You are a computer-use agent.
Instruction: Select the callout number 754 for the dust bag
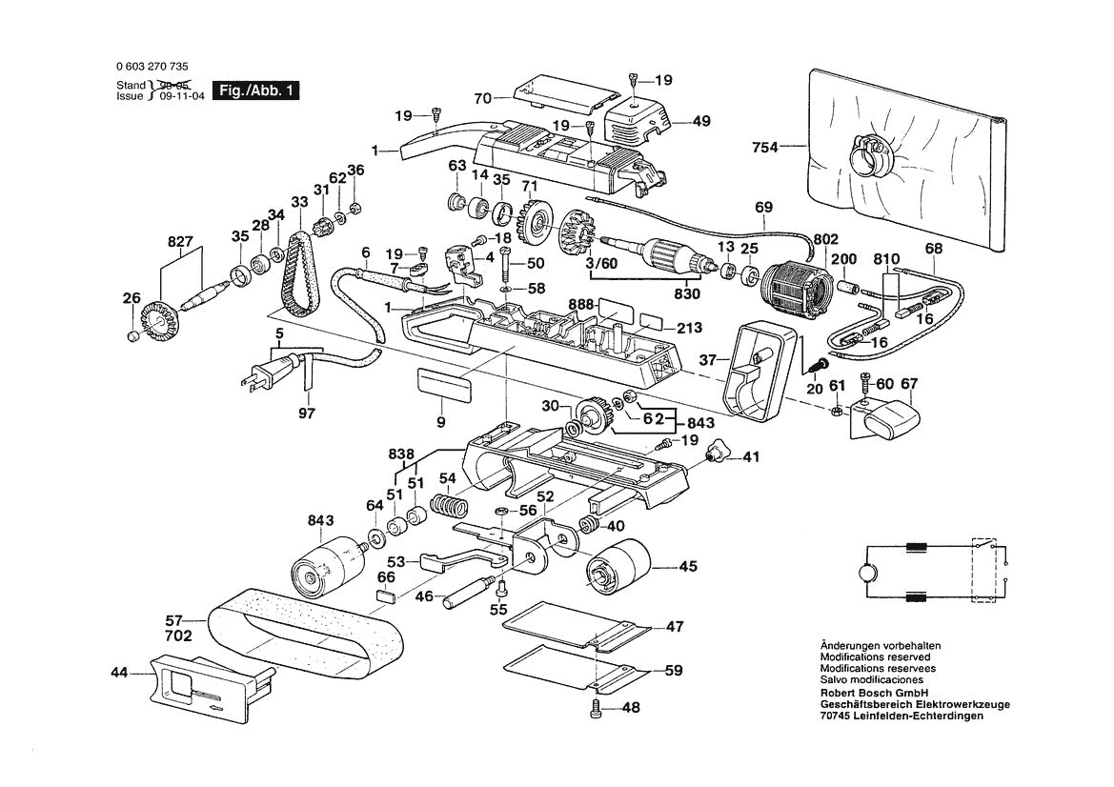764,147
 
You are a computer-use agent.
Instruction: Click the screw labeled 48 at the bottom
597,707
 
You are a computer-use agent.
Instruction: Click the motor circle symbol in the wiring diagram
867,575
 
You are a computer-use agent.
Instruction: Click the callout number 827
180,241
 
